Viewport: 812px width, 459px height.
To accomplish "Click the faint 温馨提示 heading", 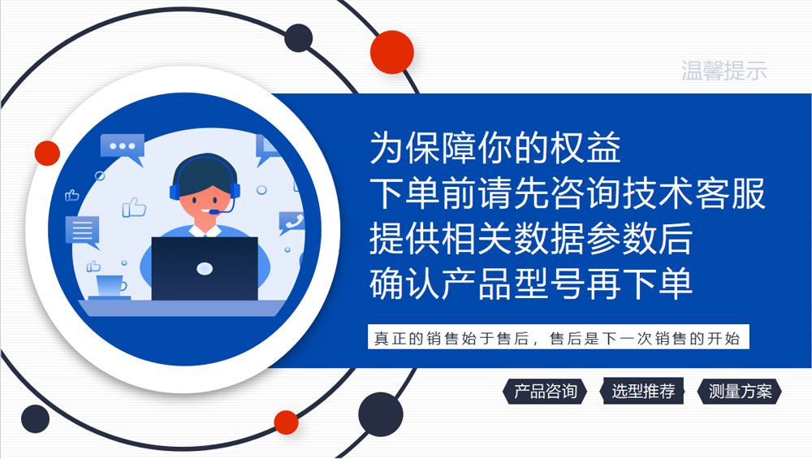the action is point(723,71).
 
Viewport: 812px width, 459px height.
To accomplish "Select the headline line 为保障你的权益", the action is point(495,148).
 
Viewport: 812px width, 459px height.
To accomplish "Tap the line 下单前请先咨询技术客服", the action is point(567,193).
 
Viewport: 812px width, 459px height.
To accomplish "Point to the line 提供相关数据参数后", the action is point(531,238).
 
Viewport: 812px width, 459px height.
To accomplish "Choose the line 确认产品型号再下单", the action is point(531,284).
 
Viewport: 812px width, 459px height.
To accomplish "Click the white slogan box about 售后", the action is point(559,337).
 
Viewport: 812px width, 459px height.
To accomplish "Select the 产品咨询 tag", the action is point(545,391).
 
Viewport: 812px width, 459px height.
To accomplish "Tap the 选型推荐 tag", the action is point(642,391).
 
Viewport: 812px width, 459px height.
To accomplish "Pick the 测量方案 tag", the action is point(740,391).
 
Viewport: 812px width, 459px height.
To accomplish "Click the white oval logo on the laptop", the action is point(205,268).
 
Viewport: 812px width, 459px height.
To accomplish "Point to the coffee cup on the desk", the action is point(110,287).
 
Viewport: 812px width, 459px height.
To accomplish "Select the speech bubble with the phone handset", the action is point(292,223).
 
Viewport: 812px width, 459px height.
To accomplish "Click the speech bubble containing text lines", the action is point(82,232).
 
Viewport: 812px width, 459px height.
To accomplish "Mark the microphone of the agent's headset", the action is point(214,212).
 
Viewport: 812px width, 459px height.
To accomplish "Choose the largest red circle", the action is point(392,52).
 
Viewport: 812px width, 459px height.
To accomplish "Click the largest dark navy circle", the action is point(381,414).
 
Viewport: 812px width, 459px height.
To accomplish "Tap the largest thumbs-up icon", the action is point(134,207).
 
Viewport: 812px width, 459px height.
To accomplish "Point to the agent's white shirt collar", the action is point(205,231).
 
